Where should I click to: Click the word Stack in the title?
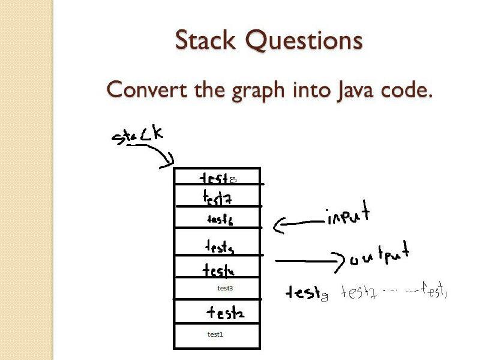click(207, 41)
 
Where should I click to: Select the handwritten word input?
click(347, 217)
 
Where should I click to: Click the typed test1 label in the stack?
click(215, 334)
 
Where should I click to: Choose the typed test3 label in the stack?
click(225, 289)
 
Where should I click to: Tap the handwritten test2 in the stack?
click(225, 313)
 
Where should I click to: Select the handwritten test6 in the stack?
click(220, 220)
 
